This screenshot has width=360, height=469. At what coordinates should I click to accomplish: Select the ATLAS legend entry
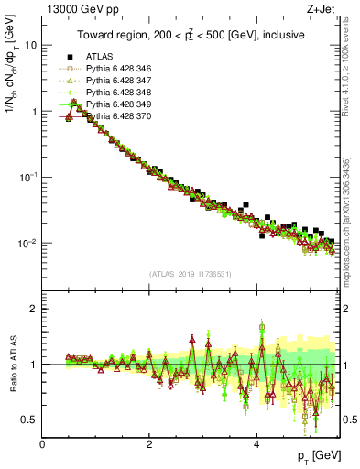click(x=99, y=56)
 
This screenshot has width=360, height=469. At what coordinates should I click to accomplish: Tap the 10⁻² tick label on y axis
click(x=27, y=243)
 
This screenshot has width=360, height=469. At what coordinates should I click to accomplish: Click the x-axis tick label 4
click(x=256, y=444)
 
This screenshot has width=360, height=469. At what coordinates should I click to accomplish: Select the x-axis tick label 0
click(x=43, y=444)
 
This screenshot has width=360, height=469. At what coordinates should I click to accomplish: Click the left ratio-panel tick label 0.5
click(x=29, y=420)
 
